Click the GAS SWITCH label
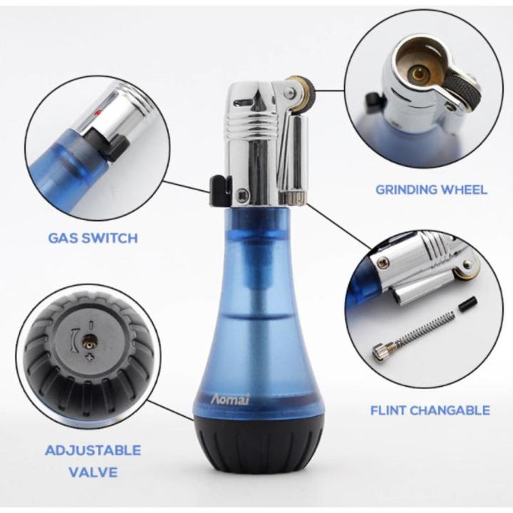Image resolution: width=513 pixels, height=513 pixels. point(93,237)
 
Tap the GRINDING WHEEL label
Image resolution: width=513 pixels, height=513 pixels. point(432,190)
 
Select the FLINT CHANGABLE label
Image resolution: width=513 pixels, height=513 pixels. point(430,410)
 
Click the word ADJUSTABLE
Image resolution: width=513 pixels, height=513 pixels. point(93,450)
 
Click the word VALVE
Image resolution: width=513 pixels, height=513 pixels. point(93,472)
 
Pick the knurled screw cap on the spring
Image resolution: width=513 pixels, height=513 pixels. point(381,351)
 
